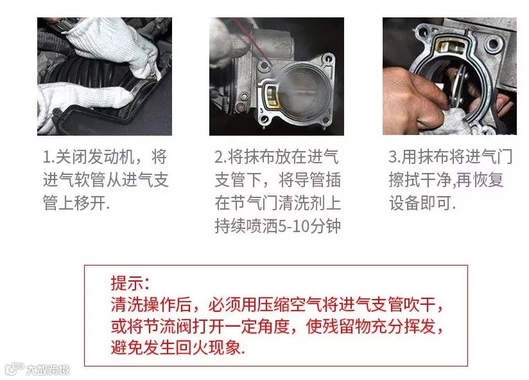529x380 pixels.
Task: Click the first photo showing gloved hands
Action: tap(105, 77)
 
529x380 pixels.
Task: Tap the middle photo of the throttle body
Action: tap(277, 77)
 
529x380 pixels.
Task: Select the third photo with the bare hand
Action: tap(449, 77)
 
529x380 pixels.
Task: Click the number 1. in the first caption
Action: tap(48, 157)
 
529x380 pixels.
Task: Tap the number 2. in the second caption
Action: tap(221, 157)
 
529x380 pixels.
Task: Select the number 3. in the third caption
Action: tap(394, 157)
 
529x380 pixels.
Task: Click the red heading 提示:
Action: tap(130, 283)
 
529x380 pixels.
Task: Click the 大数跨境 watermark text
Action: tap(48, 370)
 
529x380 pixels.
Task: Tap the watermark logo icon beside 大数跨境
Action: tap(14, 369)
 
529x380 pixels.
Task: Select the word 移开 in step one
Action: tap(90, 203)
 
